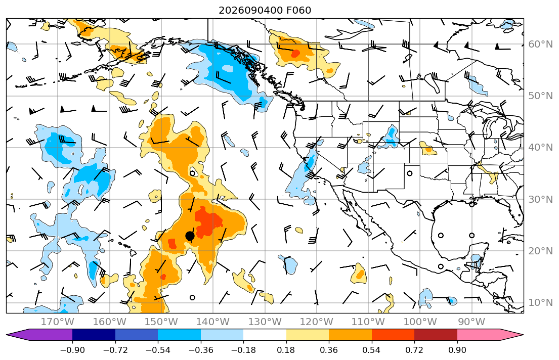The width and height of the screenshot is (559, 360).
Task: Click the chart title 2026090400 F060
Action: point(265,10)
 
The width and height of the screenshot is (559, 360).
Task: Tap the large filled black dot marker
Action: point(190,236)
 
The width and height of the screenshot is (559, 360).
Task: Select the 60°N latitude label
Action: point(540,44)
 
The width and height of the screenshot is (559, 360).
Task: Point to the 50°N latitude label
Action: point(540,96)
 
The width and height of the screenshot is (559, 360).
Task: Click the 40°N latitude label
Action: point(540,148)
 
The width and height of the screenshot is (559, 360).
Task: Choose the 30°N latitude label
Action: point(540,199)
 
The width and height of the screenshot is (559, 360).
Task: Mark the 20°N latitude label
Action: point(540,251)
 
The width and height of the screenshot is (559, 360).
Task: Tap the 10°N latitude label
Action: point(540,303)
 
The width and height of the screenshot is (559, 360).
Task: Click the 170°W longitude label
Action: point(58,322)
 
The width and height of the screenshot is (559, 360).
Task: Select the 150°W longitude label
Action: point(161,322)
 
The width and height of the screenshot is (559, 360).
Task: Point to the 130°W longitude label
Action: point(265,322)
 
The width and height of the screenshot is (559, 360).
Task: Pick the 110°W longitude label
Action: point(368,322)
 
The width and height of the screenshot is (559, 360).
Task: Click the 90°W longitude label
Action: point(471,322)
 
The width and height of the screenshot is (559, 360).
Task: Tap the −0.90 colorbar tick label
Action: point(72,350)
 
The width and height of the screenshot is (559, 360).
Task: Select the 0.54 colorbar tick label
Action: point(371,350)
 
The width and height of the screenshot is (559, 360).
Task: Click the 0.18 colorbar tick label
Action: point(286,350)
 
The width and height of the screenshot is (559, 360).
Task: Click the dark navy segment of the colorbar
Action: point(94,335)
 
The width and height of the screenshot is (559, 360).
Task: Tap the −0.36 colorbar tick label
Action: point(201,350)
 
